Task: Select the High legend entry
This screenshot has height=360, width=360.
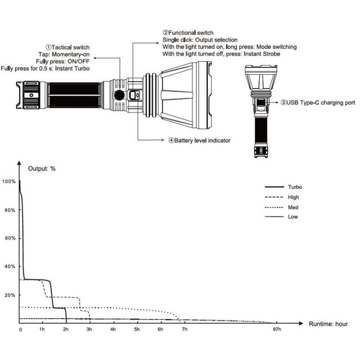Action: coord(293,197)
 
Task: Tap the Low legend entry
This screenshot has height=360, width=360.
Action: coord(293,217)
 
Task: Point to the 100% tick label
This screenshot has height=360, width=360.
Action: coord(9,181)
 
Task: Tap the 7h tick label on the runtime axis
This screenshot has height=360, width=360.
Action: coord(184,329)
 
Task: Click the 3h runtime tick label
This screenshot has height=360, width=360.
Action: coord(89,329)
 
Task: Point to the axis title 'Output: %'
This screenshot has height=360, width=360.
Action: coord(42,169)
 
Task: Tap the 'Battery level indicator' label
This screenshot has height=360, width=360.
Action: coord(198,140)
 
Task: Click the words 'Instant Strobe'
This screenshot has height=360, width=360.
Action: coord(262,54)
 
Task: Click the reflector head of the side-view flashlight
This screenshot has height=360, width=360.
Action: coord(184,95)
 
